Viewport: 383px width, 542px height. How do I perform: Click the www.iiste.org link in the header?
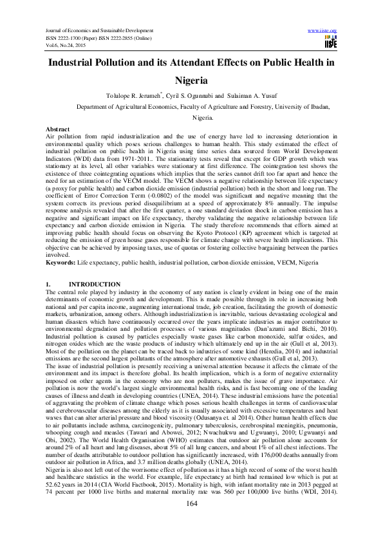322,30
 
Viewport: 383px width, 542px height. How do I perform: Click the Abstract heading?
59,129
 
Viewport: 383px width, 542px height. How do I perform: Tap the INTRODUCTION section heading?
94,284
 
